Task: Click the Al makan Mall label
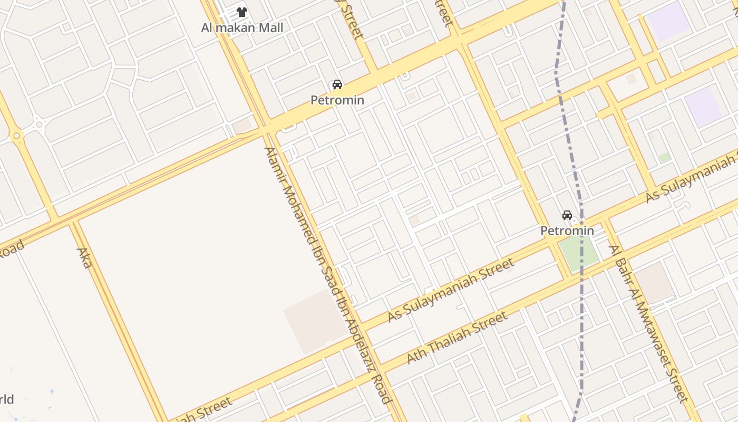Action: coord(242,27)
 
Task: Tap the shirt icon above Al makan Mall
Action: coord(242,12)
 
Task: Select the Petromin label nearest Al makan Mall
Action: coord(337,100)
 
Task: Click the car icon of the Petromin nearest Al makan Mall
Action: coord(337,84)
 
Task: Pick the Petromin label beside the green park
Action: coord(567,231)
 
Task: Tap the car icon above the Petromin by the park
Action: coord(567,215)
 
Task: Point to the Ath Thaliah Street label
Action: coord(457,338)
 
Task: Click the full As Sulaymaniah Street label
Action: coord(451,290)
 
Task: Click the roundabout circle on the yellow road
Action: coord(17,136)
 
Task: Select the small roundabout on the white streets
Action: coord(39,125)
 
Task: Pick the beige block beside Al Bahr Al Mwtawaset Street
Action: coord(654,282)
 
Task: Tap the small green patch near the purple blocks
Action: coord(665,157)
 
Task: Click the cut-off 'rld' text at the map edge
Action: coord(6,399)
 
